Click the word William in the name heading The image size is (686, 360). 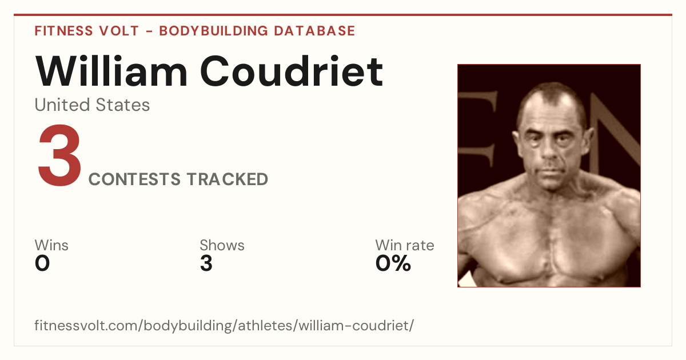111,71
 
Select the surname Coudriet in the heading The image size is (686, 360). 292,71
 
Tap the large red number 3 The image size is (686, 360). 59,155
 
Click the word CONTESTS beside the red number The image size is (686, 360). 134,179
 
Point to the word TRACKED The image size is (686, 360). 228,179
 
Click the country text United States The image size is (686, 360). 92,105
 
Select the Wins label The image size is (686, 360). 51,245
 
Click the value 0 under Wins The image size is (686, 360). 42,263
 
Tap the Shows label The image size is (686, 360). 222,245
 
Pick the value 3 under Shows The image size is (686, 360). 206,263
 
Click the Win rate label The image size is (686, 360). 405,245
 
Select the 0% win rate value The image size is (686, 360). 393,263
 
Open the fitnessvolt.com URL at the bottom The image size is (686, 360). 224,325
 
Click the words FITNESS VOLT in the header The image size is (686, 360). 87,31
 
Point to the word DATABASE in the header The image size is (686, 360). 314,31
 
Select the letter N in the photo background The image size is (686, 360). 615,135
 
